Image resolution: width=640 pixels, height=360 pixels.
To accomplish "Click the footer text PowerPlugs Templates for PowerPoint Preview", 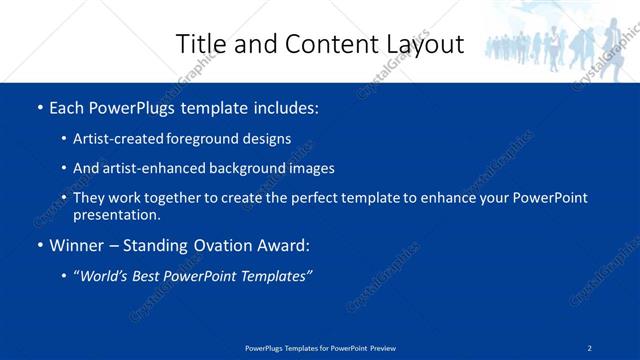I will (320, 347).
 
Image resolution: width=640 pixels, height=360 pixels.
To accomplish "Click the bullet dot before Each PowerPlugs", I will (39, 107).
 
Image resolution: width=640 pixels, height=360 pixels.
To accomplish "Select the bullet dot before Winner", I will (39, 244).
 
